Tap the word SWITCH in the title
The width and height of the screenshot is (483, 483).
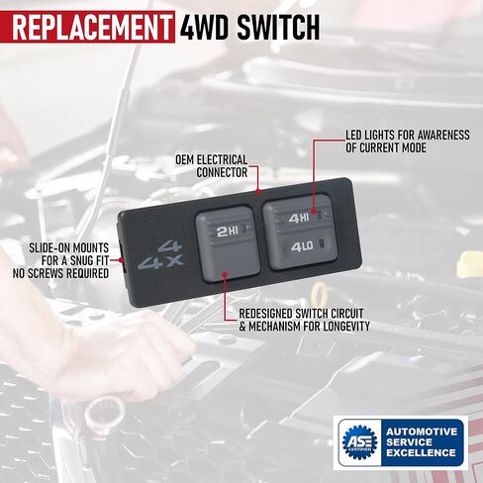click(278, 28)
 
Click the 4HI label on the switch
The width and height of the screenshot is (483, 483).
click(299, 218)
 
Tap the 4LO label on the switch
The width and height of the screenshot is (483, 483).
click(302, 246)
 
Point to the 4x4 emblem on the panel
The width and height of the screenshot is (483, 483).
click(160, 255)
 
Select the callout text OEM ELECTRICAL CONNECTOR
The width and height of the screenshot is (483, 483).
click(212, 166)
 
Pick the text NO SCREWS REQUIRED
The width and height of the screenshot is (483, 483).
click(60, 273)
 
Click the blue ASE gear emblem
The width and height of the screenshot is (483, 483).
click(359, 442)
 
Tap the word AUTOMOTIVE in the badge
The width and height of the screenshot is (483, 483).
click(422, 432)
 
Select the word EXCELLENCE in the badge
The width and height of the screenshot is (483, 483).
click(421, 453)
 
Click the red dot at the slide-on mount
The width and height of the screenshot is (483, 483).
click(121, 260)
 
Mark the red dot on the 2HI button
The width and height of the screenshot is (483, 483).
click(225, 274)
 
